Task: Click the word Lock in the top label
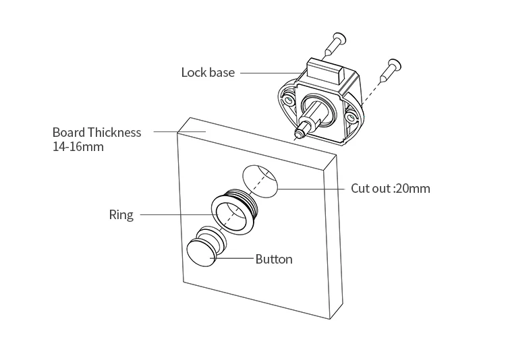[x=193, y=72]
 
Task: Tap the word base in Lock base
[x=221, y=72]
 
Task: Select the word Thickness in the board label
[x=114, y=132]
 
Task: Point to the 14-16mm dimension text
[x=78, y=146]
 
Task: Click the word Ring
[x=121, y=215]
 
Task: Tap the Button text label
[x=274, y=259]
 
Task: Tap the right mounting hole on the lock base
[x=351, y=119]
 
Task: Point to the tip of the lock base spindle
[x=298, y=133]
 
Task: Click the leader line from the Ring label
[x=175, y=215]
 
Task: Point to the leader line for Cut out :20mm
[x=310, y=189]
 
